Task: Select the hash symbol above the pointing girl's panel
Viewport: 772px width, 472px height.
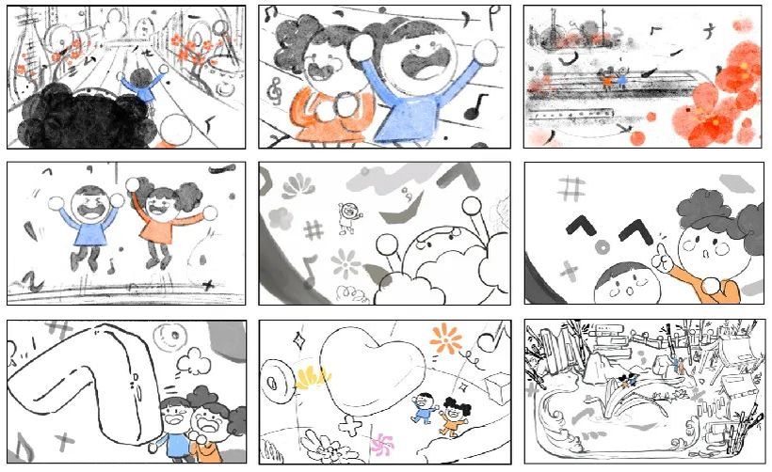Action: pyautogui.click(x=569, y=190)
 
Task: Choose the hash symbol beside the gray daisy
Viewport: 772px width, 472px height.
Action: pyautogui.click(x=313, y=229)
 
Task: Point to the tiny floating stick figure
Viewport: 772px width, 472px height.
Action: pyautogui.click(x=347, y=215)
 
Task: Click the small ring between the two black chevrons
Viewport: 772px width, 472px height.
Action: pyautogui.click(x=603, y=246)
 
